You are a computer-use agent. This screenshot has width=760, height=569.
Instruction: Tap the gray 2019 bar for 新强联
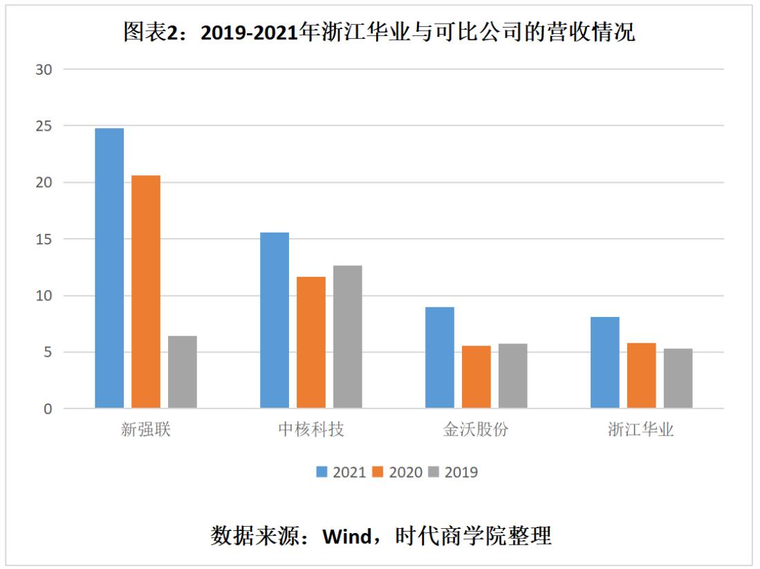(x=183, y=372)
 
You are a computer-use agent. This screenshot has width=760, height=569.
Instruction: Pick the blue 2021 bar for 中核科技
(x=275, y=320)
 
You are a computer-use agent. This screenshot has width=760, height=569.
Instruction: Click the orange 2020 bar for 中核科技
(x=311, y=342)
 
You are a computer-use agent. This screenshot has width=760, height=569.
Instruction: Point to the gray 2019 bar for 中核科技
(x=348, y=336)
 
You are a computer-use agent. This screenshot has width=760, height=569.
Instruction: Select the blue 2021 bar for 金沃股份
(x=440, y=357)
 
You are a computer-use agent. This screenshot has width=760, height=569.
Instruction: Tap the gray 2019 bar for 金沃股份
(x=513, y=376)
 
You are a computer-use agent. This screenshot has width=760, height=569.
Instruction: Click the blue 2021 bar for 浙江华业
(x=605, y=362)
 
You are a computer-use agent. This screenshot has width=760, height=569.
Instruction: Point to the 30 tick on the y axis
(x=44, y=69)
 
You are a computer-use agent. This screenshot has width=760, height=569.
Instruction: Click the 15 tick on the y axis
(x=44, y=239)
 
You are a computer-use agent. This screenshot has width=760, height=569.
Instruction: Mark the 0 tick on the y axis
(x=48, y=409)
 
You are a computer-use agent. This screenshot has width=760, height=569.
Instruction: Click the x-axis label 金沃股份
(x=476, y=430)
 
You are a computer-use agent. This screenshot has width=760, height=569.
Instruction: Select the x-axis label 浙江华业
(x=641, y=430)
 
